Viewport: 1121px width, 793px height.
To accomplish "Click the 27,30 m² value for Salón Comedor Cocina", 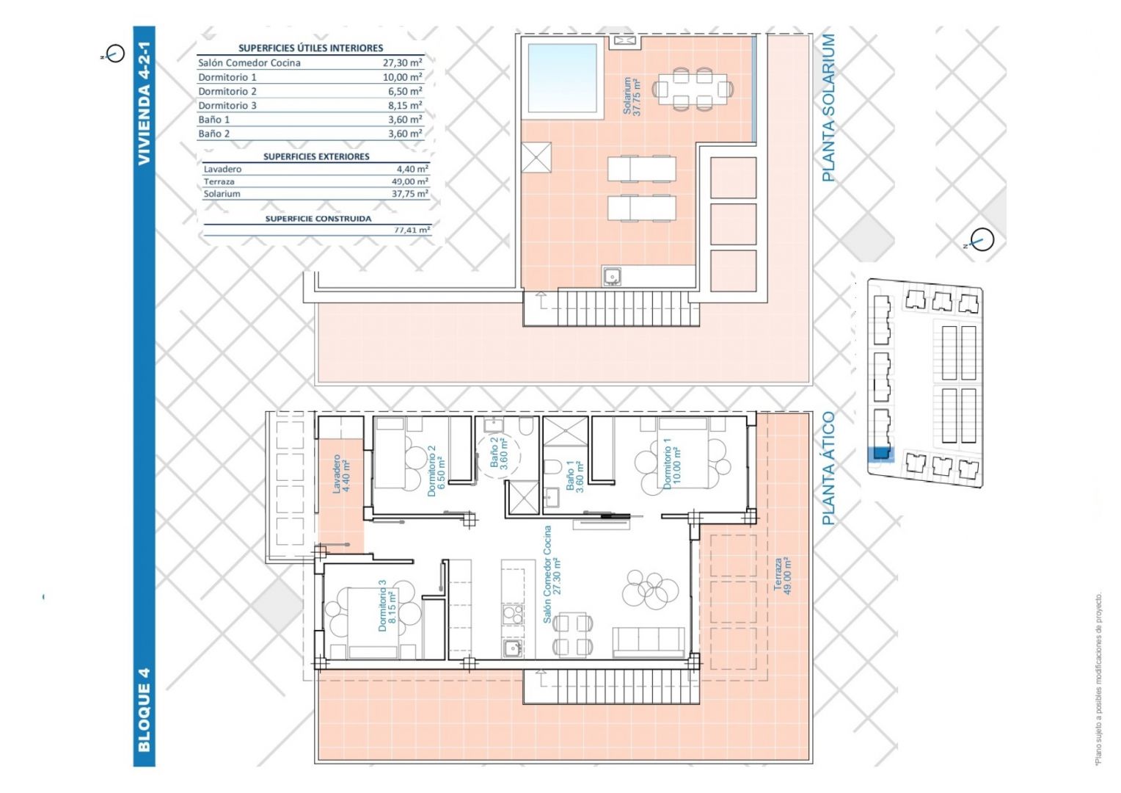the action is [402, 62].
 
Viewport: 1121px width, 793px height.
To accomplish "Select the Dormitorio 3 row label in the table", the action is [227, 105].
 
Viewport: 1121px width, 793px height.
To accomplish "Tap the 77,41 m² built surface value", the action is [412, 229].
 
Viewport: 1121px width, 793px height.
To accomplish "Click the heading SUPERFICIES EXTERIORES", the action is [316, 156].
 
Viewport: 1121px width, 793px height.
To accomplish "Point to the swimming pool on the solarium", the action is [562, 78].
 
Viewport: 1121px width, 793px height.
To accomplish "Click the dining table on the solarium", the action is [693, 89].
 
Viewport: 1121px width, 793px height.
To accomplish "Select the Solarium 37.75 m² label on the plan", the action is [632, 96].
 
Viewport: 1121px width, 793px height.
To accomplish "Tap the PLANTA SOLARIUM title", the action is [829, 107].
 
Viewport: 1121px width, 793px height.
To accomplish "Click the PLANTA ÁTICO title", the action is [829, 468].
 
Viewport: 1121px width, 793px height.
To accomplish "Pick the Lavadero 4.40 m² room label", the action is [341, 474].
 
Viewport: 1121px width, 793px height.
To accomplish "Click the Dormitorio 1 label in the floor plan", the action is [672, 463].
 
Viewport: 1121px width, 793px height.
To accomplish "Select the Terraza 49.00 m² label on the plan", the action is [782, 576].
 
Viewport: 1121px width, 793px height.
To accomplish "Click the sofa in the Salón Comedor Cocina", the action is [649, 642].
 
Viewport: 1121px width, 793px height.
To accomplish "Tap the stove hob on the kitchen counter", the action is [513, 614].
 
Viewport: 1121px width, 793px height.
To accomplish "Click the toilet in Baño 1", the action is [552, 467].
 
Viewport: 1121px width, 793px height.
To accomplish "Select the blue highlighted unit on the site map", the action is [883, 453].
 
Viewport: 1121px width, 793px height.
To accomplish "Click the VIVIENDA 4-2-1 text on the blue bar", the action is [144, 104].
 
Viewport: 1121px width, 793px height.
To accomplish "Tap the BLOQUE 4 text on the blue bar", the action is [144, 710].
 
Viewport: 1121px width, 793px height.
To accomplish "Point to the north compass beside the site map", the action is [982, 239].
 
